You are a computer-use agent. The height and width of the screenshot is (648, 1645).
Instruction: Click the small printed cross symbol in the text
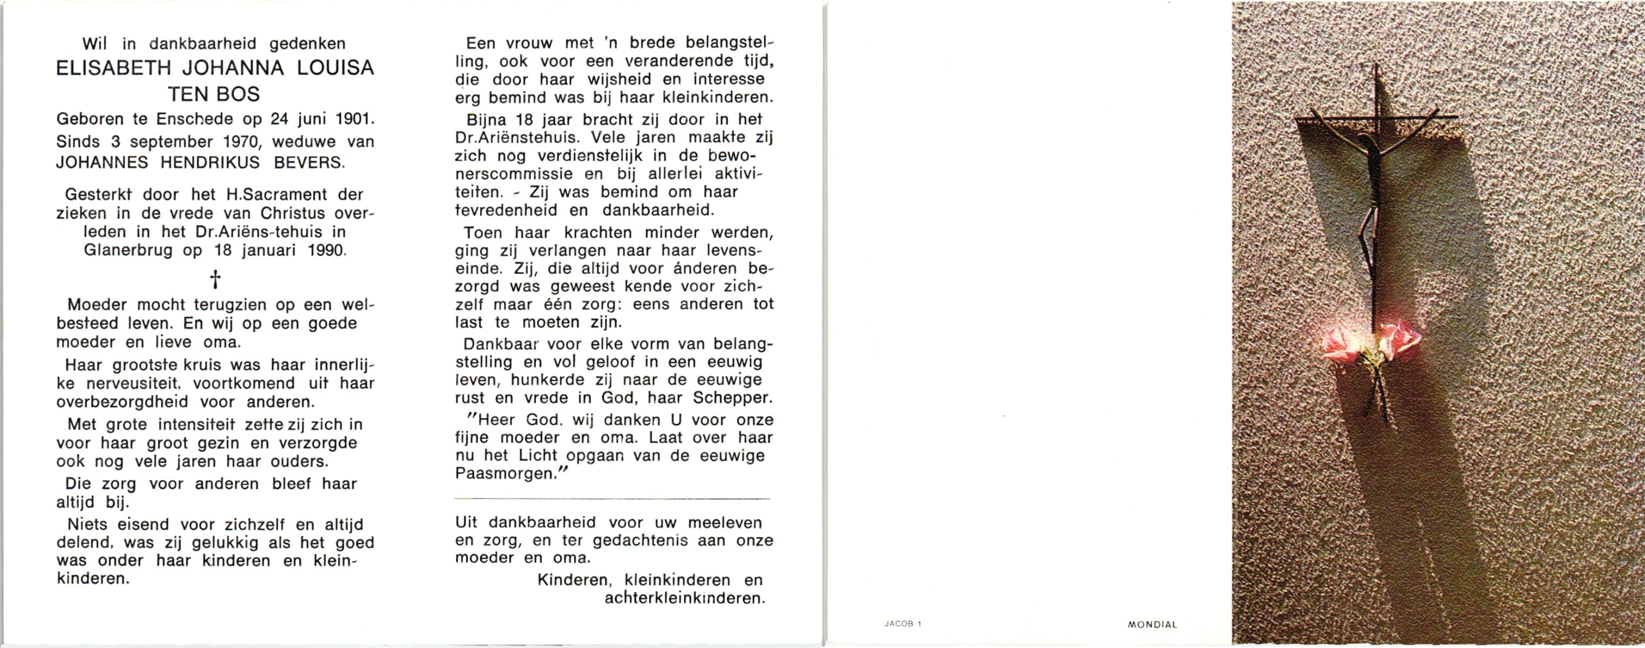(x=215, y=279)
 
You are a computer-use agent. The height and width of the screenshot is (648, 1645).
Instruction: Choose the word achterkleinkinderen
(x=684, y=598)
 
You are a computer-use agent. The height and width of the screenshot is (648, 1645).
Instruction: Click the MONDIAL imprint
(x=1152, y=625)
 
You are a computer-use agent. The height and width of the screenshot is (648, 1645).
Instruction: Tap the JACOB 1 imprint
(x=902, y=624)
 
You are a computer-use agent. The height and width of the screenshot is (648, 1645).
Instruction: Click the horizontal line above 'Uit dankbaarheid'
(x=612, y=498)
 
